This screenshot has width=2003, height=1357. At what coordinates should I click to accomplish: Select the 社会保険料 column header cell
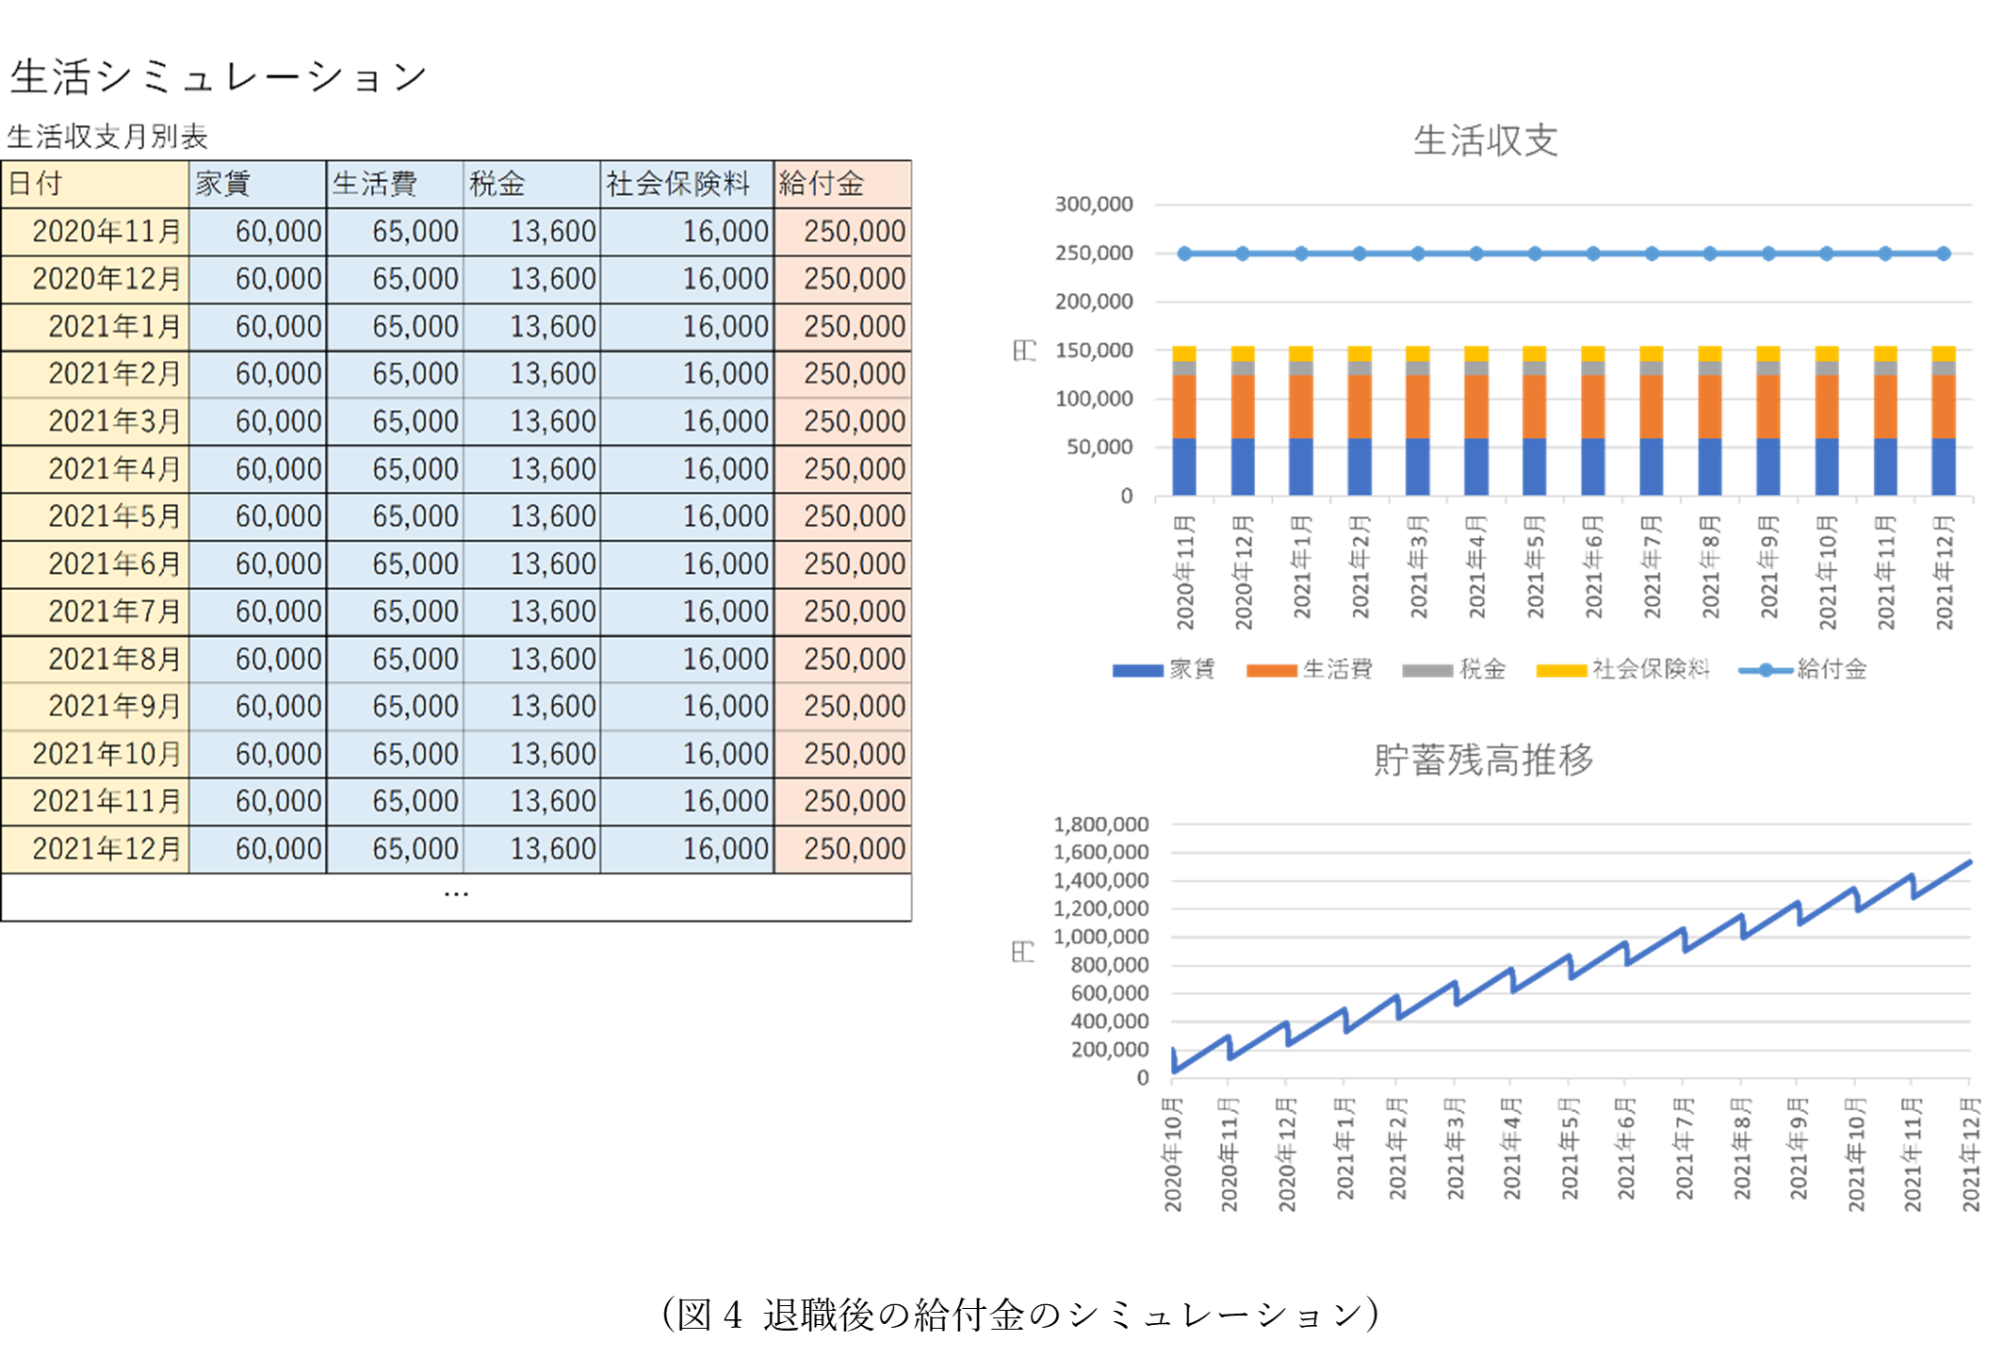(687, 184)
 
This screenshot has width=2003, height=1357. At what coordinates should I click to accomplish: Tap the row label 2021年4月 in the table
(114, 468)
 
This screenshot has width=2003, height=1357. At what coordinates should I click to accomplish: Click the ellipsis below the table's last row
(456, 893)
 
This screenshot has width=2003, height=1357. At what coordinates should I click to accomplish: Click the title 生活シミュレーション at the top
(219, 76)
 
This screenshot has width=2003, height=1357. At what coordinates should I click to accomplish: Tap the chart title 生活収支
(1485, 140)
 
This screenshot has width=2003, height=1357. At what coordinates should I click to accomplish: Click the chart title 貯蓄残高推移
(1483, 759)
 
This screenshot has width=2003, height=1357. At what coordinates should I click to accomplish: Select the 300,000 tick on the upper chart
(1093, 204)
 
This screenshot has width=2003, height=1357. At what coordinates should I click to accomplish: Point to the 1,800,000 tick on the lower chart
(1100, 824)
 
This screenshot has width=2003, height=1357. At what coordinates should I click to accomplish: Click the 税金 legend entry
(1454, 669)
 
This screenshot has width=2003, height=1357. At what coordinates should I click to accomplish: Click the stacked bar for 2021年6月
(1592, 420)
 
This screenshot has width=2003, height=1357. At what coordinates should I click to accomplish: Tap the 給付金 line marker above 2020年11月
(1184, 253)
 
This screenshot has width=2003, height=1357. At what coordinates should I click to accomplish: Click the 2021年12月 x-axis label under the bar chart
(1944, 572)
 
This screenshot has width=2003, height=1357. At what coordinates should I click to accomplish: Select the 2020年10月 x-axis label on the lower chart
(1172, 1153)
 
